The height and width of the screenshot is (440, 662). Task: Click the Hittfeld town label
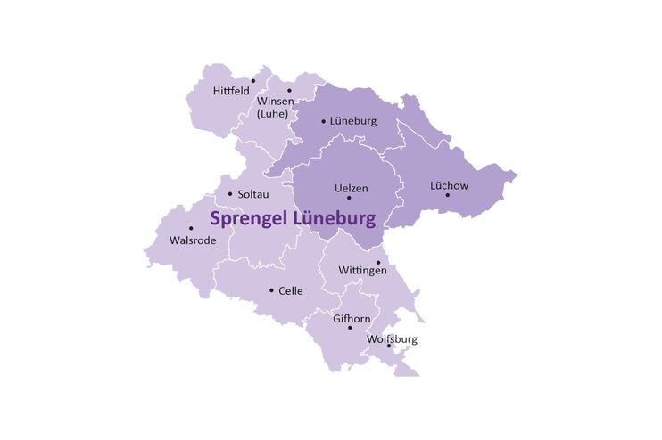coord(231,91)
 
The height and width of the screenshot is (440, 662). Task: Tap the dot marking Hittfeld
coord(253,81)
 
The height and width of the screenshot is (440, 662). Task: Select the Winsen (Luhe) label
coord(276,108)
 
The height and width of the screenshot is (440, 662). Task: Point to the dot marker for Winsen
coord(289,90)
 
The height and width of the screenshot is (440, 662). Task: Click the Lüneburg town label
coord(353,120)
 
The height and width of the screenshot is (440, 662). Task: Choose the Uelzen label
coord(351,188)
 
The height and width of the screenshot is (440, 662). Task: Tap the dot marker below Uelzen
coord(349,198)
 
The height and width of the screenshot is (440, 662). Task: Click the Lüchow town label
coord(449,186)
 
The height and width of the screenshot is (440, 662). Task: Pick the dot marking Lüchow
coord(448,195)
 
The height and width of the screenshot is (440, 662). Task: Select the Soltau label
coord(253,194)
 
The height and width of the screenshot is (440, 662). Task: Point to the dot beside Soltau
coord(230,194)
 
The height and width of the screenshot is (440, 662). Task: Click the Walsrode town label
coord(191,240)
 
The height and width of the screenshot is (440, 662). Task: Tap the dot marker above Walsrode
coord(190,228)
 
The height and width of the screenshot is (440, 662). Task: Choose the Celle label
coord(291,290)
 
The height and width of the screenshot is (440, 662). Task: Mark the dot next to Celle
coord(271,290)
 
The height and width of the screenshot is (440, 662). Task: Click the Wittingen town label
coord(362,271)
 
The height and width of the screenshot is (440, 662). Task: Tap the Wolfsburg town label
coord(392,339)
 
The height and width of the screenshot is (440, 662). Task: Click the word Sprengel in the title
coord(248,217)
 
